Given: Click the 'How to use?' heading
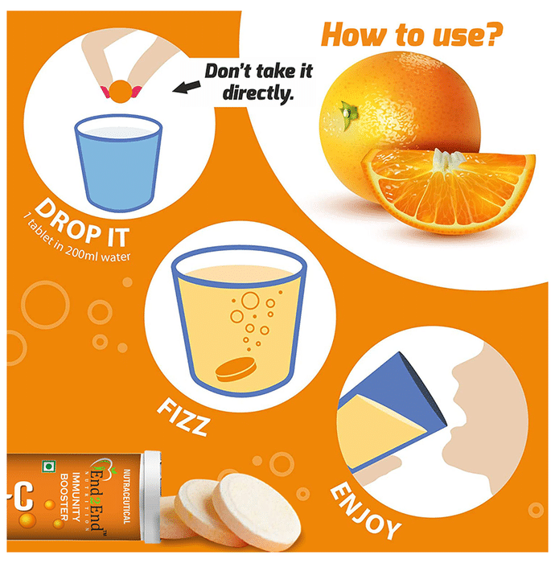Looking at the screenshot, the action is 411,35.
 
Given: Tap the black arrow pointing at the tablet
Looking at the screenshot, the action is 187,87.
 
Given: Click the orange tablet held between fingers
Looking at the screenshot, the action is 121,92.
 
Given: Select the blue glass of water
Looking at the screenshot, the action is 118,163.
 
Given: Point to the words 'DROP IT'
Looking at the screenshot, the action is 82,224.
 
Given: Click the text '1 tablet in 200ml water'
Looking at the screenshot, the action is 77,240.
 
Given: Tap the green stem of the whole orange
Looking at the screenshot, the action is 347,114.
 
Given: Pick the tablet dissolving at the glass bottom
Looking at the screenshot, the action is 236,369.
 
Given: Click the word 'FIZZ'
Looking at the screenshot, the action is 183,417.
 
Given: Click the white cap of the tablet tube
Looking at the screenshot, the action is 152,497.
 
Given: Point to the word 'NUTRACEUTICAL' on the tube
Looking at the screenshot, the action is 127,496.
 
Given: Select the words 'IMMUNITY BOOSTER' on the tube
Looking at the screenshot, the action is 70,497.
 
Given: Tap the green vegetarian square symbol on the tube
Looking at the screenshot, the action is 48,466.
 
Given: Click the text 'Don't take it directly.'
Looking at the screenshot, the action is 259,82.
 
